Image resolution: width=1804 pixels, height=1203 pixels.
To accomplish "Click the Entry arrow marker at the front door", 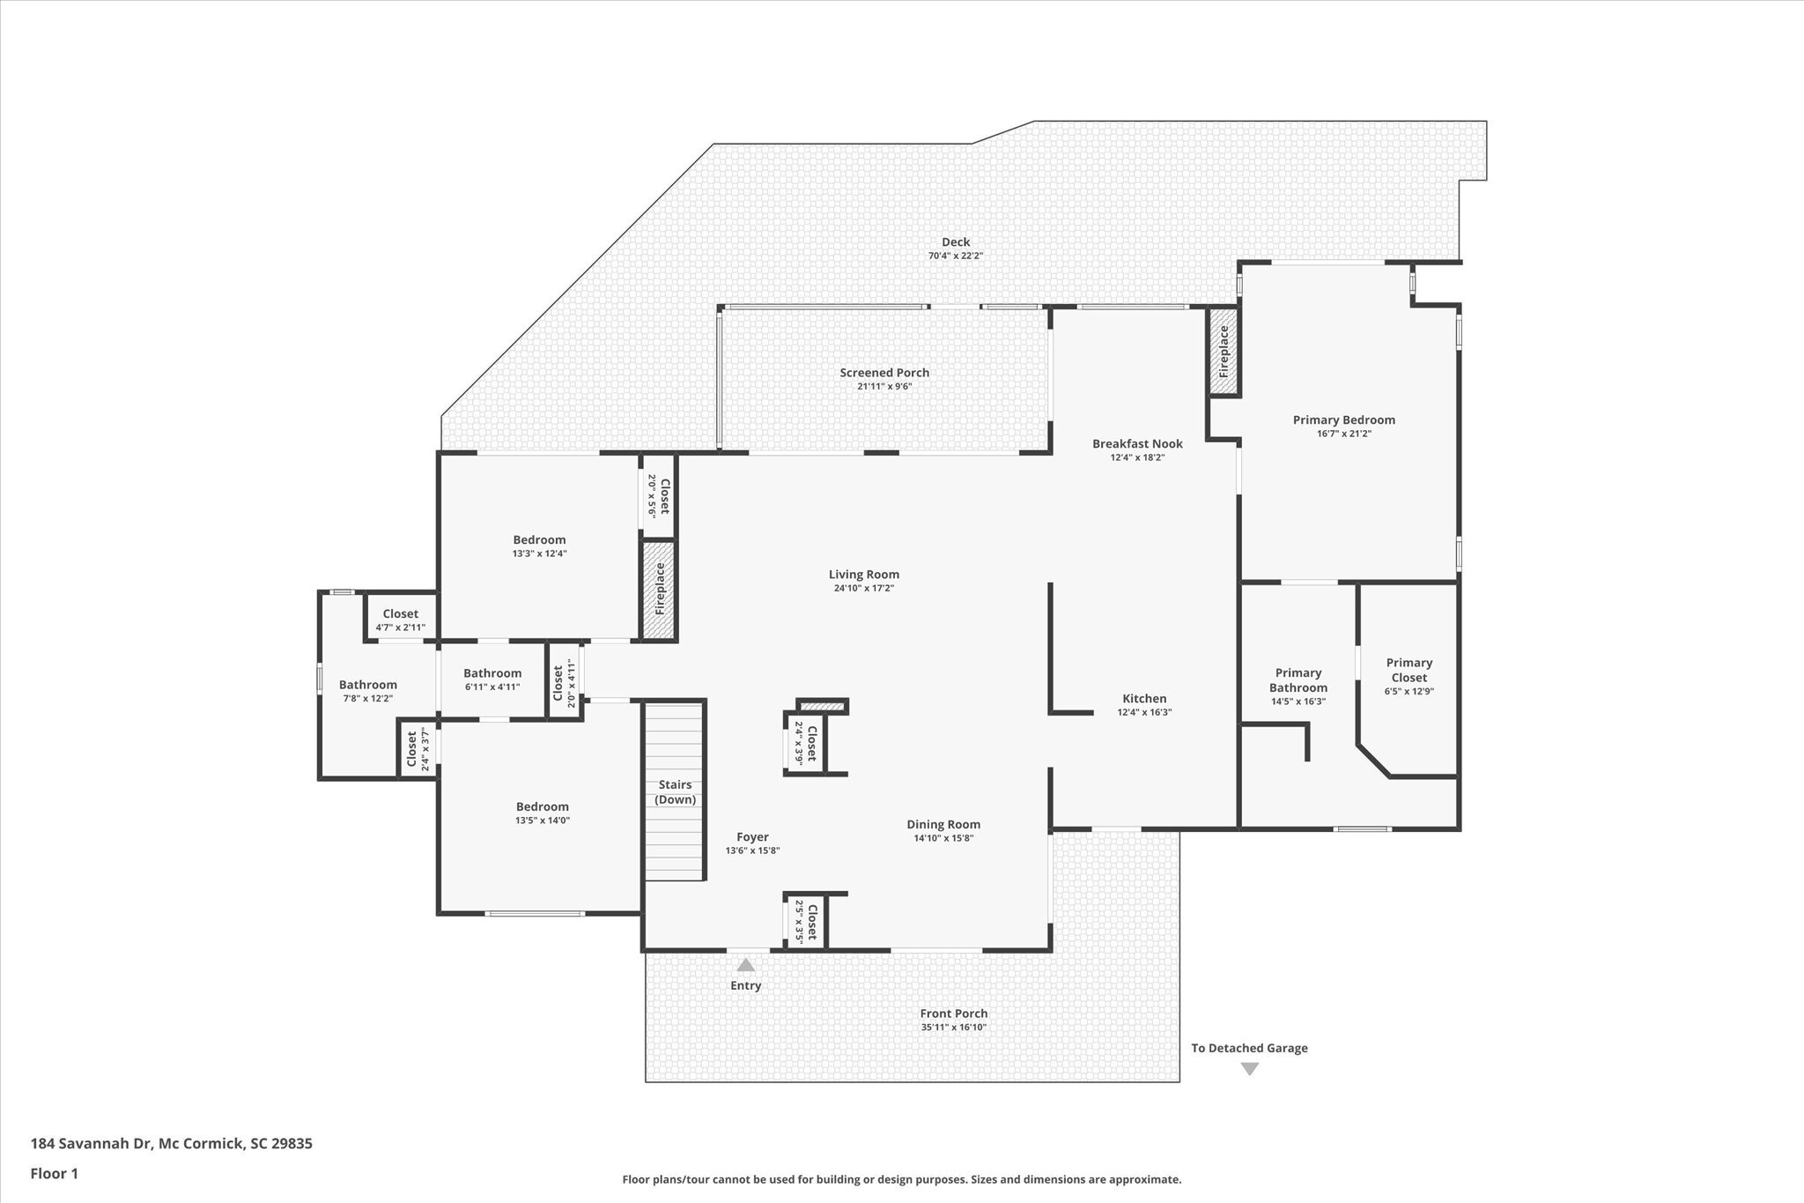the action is pyautogui.click(x=745, y=964).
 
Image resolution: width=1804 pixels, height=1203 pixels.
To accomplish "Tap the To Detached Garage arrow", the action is pyautogui.click(x=1249, y=1069).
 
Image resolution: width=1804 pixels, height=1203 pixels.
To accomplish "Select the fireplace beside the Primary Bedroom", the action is pyautogui.click(x=1223, y=352).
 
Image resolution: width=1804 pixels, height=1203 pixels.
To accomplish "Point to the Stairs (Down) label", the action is pyautogui.click(x=676, y=792).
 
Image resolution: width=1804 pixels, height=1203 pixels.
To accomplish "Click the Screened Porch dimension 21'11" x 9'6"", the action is pyautogui.click(x=884, y=386).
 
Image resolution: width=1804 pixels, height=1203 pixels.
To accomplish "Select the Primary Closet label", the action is pyautogui.click(x=1409, y=670).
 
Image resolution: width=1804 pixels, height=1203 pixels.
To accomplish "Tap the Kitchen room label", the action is pyautogui.click(x=1144, y=699).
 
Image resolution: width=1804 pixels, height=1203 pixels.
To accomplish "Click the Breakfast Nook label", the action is pyautogui.click(x=1137, y=443).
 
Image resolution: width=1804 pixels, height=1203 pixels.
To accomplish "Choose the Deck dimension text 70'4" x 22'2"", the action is pyautogui.click(x=956, y=256).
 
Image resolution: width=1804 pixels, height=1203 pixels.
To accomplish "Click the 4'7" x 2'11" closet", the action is pyautogui.click(x=401, y=620).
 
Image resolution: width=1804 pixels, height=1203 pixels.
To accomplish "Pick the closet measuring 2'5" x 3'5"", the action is pyautogui.click(x=806, y=922).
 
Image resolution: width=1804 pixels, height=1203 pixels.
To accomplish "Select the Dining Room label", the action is pyautogui.click(x=943, y=825).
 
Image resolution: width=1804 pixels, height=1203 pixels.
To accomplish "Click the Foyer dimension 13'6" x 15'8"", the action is pyautogui.click(x=752, y=850).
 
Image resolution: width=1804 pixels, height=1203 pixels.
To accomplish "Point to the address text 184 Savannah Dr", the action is pyautogui.click(x=92, y=1144).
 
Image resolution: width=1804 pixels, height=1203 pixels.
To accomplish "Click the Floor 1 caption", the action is pyautogui.click(x=55, y=1173).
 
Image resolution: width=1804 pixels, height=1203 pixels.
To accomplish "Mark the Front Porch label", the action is pyautogui.click(x=954, y=1014).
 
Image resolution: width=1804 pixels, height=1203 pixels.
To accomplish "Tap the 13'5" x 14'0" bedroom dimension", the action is pyautogui.click(x=543, y=821).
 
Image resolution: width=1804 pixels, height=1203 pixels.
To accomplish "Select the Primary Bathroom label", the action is pyautogui.click(x=1298, y=680).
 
